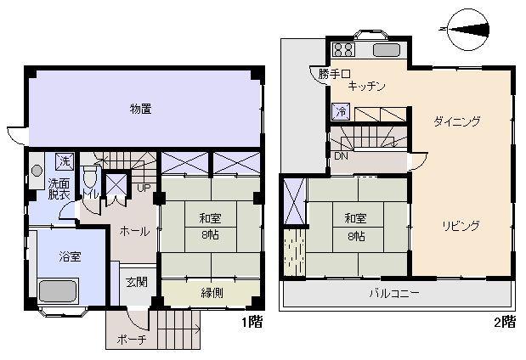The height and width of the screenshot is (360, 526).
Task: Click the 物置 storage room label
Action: pyautogui.click(x=140, y=109)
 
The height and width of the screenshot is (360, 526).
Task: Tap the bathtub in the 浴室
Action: pyautogui.click(x=59, y=291)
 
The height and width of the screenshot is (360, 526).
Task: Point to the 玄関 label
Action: pyautogui.click(x=136, y=282)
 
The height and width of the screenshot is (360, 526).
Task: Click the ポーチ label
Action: pyautogui.click(x=128, y=339)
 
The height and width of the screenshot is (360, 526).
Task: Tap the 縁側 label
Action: pyautogui.click(x=212, y=294)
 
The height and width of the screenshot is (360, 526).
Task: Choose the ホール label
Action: pyautogui.click(x=134, y=230)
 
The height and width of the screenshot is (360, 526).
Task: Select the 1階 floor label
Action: pyautogui.click(x=252, y=322)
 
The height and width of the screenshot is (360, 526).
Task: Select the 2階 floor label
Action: pyautogui.click(x=504, y=322)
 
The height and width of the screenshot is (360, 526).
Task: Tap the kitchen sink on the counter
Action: pyautogui.click(x=386, y=50)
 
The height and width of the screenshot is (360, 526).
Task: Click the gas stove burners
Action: pyautogui.click(x=343, y=49)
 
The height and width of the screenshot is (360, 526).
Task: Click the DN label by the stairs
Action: pyautogui.click(x=340, y=156)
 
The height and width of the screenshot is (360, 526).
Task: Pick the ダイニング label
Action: pyautogui.click(x=456, y=121)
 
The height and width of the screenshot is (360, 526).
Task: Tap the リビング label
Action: pyautogui.click(x=461, y=226)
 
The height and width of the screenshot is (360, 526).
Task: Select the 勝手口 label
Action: pyautogui.click(x=334, y=73)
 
